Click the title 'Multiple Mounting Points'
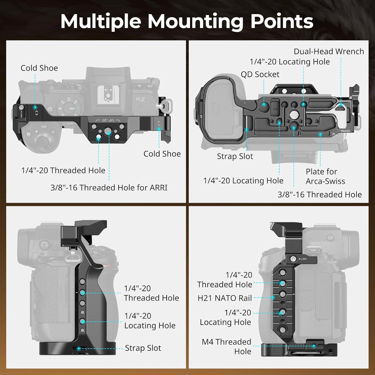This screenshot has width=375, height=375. click(187, 21)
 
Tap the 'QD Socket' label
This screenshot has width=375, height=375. click(260, 74)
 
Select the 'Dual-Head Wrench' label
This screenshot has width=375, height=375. click(328, 51)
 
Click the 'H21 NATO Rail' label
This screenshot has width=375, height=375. click(224, 298)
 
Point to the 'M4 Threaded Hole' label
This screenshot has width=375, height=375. click(226, 346)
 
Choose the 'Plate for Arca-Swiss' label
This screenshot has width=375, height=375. click(325, 176)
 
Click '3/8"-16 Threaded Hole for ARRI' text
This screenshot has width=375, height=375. click(109, 187)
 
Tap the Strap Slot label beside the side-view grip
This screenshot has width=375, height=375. click(143, 348)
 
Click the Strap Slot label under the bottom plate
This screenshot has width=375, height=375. click(235, 156)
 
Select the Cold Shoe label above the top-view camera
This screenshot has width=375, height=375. click(39, 68)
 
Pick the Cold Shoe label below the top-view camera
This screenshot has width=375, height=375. click(162, 154)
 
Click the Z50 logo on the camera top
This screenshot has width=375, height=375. click(140, 99)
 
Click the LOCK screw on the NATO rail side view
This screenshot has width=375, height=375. click(293, 259)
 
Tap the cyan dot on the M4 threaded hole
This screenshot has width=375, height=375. click(314, 346)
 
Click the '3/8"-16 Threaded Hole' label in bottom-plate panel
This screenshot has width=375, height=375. click(319, 194)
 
